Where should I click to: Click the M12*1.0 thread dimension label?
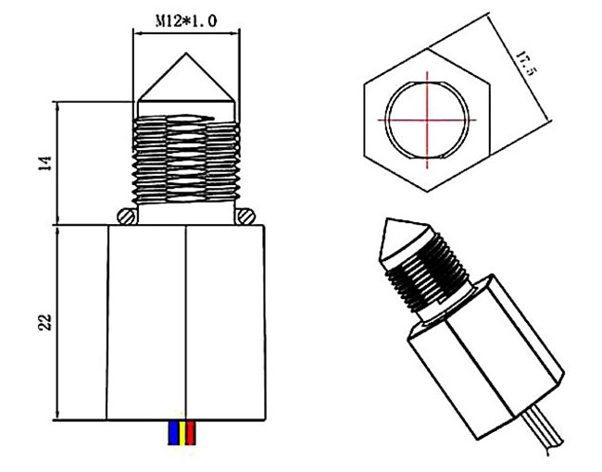(185, 20)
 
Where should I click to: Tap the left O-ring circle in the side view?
(127, 216)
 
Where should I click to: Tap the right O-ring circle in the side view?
(245, 216)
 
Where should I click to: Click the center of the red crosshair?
(427, 120)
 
